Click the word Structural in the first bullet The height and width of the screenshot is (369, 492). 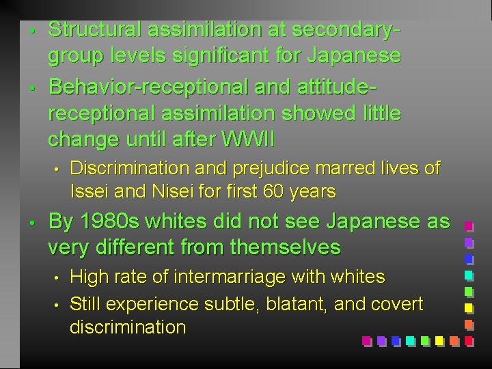[94, 30]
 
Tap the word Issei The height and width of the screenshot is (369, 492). [88, 192]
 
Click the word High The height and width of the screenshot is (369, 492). [90, 277]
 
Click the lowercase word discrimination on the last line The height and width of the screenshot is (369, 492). [128, 327]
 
